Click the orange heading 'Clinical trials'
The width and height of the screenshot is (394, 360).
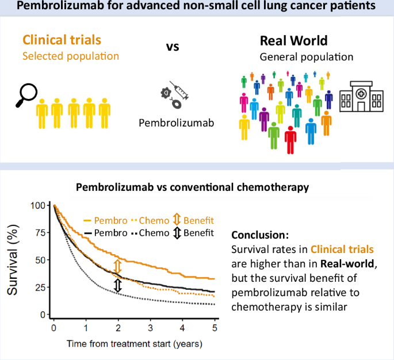[62, 40]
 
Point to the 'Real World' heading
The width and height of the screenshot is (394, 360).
[293, 41]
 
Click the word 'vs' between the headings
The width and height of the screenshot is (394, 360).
[173, 46]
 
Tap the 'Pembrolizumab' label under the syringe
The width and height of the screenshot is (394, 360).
[173, 122]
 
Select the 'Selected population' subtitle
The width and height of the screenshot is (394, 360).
[71, 56]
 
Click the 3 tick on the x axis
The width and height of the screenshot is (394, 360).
[150, 327]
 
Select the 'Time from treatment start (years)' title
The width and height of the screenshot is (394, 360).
[134, 343]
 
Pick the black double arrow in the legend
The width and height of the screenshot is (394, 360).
[177, 233]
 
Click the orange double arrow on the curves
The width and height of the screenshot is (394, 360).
[117, 266]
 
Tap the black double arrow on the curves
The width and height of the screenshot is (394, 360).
[117, 285]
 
